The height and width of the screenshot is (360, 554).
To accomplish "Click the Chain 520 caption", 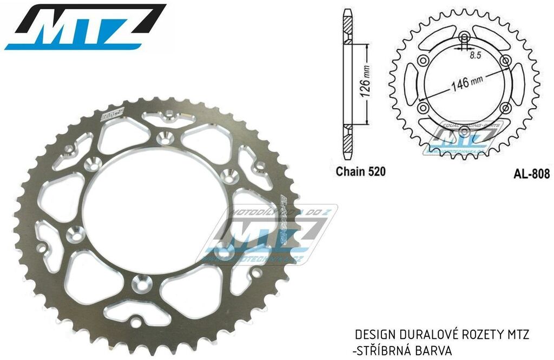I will click(361, 172).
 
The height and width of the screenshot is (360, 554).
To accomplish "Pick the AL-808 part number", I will click(532, 174).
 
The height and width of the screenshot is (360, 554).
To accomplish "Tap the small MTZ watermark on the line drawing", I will click(463, 140).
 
